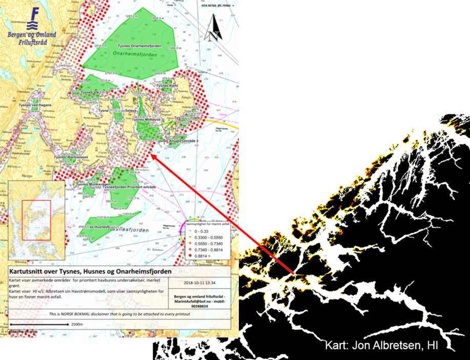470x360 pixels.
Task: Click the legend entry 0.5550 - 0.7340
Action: (x=210, y=241)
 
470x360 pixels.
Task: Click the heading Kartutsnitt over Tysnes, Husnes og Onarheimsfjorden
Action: (x=90, y=271)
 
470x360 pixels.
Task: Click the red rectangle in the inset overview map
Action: (x=36, y=220)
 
